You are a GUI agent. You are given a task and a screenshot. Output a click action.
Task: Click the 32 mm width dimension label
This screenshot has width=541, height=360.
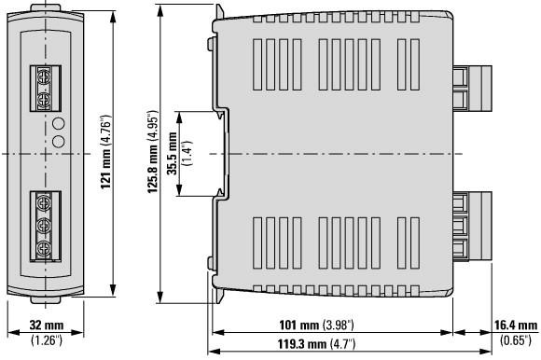pyautogui.click(x=47, y=325)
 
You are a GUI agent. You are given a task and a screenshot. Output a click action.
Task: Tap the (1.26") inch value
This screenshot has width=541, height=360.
pyautogui.click(x=47, y=340)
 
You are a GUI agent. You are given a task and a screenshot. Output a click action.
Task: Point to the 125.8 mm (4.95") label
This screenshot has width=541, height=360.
pyautogui.click(x=153, y=152)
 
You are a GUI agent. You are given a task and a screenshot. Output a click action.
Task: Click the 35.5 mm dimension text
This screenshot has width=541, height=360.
pyautogui.click(x=172, y=154)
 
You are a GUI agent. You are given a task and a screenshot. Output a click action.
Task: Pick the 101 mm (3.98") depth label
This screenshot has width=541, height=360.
pyautogui.click(x=316, y=325)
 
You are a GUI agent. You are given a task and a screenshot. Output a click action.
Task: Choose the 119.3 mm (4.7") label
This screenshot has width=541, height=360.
pyautogui.click(x=316, y=344)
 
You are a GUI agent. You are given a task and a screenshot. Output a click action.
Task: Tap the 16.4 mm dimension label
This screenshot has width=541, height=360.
pyautogui.click(x=516, y=325)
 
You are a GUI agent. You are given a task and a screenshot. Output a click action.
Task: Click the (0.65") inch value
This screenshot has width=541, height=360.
pyautogui.click(x=516, y=340)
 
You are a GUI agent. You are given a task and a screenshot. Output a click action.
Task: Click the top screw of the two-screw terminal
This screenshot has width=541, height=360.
pyautogui.click(x=44, y=76)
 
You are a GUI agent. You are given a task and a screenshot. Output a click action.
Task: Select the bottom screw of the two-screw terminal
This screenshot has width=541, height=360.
pyautogui.click(x=44, y=100)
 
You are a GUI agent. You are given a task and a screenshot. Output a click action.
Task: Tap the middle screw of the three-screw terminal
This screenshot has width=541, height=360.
pyautogui.click(x=44, y=226)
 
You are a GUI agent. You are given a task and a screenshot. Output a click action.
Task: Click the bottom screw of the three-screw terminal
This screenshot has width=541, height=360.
pyautogui.click(x=44, y=248)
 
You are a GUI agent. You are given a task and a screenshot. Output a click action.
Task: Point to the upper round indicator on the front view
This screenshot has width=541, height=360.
pyautogui.click(x=59, y=123)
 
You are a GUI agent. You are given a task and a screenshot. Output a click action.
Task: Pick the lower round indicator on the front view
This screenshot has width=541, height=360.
pyautogui.click(x=59, y=142)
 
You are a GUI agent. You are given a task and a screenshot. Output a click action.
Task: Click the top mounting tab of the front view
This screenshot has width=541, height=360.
pyautogui.click(x=45, y=7)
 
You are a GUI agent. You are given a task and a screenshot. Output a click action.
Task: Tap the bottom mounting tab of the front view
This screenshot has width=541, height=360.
pyautogui.click(x=45, y=300)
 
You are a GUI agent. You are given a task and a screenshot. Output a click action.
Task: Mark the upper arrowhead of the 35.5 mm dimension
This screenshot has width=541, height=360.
pyautogui.click(x=179, y=118)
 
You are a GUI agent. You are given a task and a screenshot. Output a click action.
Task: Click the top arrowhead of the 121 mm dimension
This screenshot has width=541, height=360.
pyautogui.click(x=113, y=16)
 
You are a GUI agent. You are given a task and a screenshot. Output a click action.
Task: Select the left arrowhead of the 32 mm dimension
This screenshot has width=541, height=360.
pyautogui.click(x=13, y=333)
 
